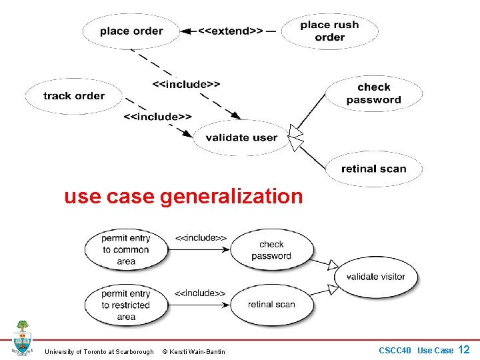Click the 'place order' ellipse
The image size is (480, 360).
pos(131,31)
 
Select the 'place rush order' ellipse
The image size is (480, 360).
pos(329,31)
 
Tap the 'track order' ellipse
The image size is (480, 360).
pos(74,96)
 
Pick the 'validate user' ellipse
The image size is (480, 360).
pos(241,137)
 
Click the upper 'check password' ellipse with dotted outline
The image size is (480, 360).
pos(373,93)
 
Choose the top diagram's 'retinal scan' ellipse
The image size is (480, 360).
pos(373,169)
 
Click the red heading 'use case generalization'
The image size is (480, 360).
pos(183,197)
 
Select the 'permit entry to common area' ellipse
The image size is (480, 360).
pos(126,250)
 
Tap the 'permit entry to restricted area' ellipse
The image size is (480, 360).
pos(126,305)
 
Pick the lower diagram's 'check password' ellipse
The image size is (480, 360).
pos(271,250)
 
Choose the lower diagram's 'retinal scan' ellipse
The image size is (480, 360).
pos(271,305)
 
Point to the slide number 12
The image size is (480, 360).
pos(464,349)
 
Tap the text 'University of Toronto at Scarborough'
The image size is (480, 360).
pos(99,351)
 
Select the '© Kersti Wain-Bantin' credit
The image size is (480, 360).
pos(194,351)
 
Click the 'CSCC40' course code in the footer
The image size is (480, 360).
pos(395,350)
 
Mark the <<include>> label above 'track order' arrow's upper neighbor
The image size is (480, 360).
pos(187,85)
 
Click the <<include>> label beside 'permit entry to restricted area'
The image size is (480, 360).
pos(200,293)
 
